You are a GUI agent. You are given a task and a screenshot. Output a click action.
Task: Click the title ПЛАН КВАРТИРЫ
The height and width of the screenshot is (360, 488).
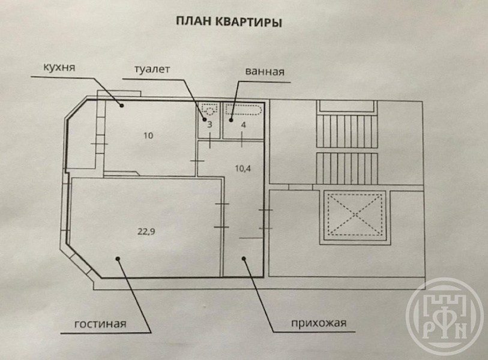[229, 22]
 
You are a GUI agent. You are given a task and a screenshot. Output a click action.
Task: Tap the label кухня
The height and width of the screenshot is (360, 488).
[59, 67]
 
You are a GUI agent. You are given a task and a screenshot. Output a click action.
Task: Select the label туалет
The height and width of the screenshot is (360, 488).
[152, 69]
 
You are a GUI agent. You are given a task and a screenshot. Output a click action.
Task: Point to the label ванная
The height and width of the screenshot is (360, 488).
[265, 71]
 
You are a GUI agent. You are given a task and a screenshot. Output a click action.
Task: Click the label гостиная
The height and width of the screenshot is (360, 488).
[100, 324]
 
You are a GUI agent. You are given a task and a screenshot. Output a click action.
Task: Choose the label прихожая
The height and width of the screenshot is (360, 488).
[319, 323]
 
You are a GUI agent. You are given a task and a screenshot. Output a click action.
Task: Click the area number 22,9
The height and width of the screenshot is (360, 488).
[146, 232]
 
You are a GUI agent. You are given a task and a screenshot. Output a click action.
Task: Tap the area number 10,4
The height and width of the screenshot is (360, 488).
[242, 169]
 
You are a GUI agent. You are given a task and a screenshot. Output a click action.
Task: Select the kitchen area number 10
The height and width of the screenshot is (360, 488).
[148, 136]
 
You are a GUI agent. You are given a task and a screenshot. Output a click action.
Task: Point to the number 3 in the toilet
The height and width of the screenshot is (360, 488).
[209, 125]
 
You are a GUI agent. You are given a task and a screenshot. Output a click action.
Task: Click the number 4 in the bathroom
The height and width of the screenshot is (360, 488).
[243, 125]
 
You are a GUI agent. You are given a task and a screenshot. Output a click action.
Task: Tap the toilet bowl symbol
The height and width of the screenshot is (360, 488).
[209, 110]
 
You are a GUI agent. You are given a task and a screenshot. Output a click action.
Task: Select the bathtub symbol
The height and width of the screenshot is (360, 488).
[243, 110]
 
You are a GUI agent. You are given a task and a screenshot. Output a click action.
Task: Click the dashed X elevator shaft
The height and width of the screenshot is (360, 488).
[355, 214]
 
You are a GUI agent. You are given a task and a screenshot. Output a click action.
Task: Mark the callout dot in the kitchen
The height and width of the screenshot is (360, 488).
[122, 106]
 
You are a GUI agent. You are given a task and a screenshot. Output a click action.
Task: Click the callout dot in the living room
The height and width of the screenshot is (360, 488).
[118, 258]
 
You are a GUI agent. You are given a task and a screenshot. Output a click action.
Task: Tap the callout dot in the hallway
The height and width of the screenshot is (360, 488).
[244, 258]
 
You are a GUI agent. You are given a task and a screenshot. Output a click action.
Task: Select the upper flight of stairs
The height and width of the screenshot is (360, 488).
[347, 131]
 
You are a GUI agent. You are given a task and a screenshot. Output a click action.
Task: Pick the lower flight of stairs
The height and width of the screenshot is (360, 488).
[347, 169]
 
